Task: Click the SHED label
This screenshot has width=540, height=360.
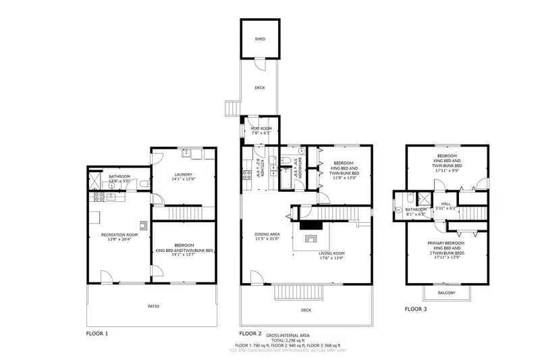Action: [x=260, y=39]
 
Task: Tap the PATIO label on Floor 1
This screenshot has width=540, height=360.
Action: [x=154, y=306]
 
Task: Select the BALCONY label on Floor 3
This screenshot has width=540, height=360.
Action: [x=446, y=292]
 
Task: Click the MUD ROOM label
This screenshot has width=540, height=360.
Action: [x=261, y=128]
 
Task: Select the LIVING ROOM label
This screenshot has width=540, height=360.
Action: [x=332, y=253]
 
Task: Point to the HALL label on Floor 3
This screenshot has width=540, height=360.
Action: [x=446, y=203]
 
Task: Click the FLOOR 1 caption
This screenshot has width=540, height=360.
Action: [x=97, y=333]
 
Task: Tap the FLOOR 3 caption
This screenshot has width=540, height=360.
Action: [x=415, y=309]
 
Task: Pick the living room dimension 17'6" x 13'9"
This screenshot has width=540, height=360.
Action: [x=332, y=258]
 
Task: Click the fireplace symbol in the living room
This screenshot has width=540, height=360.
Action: [x=310, y=238]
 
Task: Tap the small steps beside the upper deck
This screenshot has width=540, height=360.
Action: [x=233, y=108]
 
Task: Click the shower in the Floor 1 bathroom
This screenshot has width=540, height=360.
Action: [x=93, y=180]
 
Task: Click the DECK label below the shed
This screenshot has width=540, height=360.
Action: [x=260, y=88]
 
